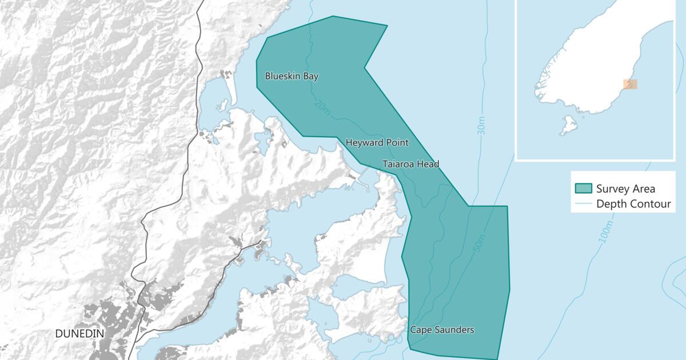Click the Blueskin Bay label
292,76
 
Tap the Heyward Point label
377,142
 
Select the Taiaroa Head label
410,165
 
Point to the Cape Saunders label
442,330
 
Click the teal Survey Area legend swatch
583,189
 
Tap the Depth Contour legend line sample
583,204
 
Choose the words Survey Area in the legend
625,189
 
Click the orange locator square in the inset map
629,84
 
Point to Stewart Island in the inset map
569,125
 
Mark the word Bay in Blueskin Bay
310,76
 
